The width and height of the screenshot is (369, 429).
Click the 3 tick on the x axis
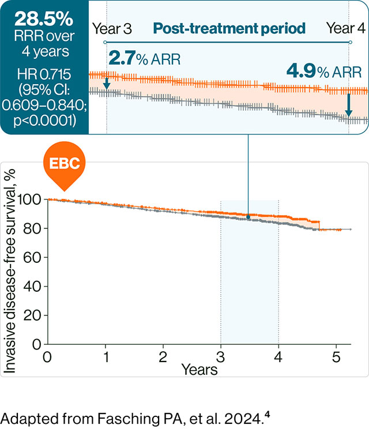[221, 355]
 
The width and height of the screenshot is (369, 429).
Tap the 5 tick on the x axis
[337, 355]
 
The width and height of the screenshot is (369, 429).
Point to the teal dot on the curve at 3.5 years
[248, 217]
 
